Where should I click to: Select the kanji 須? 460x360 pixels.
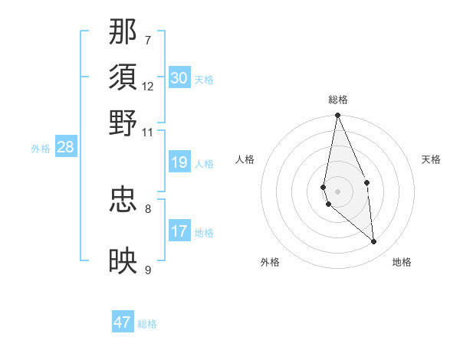123,77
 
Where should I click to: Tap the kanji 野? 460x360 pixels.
123,123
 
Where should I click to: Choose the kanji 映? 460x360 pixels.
123,261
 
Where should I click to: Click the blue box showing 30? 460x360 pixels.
179,78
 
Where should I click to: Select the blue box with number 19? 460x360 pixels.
179,162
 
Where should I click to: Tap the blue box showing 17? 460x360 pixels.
179,231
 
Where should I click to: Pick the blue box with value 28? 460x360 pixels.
65,147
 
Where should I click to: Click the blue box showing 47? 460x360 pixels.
123,322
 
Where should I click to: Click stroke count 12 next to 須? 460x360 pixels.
148,86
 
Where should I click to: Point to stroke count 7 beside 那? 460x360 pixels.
148,40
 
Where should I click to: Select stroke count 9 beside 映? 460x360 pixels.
148,270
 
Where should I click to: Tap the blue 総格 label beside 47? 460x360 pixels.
148,324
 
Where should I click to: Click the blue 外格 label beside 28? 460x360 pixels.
41,149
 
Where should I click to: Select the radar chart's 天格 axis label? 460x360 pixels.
432,159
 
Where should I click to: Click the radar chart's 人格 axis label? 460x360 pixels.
245,159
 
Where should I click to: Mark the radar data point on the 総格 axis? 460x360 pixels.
337,116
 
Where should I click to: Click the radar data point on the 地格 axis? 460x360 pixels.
374,242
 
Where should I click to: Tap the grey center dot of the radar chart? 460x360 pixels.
337,191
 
